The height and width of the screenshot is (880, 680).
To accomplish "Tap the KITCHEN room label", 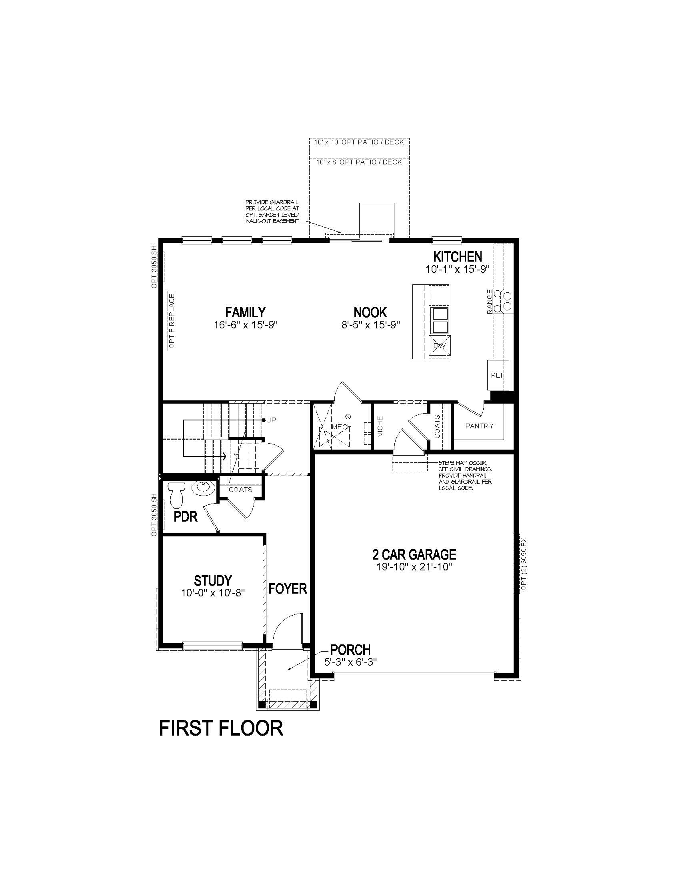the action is (x=457, y=257).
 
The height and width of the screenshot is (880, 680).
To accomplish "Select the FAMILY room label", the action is (x=245, y=312).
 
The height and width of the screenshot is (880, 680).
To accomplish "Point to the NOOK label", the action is (x=370, y=312).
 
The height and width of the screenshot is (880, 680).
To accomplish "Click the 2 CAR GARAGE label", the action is (x=414, y=555).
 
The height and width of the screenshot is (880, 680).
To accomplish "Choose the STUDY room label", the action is (x=213, y=581).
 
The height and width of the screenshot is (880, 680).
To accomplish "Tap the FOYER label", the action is (x=288, y=589).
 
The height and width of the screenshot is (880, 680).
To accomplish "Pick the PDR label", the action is (x=186, y=517).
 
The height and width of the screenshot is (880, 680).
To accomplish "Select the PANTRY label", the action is (x=479, y=426).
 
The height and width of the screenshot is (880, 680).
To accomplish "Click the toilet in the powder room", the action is (x=176, y=494).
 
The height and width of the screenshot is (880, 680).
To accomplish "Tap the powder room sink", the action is (x=204, y=488).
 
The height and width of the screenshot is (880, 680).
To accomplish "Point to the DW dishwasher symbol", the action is (x=440, y=346).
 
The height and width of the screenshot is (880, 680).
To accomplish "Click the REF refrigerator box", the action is (x=498, y=375).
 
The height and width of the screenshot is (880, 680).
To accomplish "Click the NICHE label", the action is (x=380, y=426).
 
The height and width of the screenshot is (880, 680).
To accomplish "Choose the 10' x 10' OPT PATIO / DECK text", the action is (x=359, y=143).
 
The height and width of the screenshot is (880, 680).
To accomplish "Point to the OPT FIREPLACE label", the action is (x=172, y=321).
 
